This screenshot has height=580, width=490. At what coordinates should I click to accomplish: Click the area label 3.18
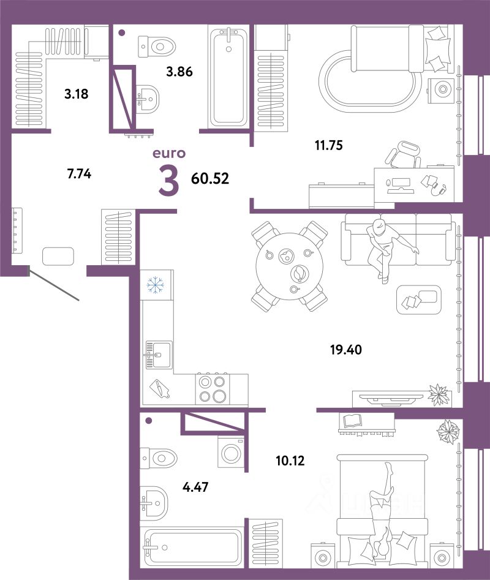[76, 94]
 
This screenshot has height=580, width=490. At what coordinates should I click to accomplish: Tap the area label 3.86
[179, 72]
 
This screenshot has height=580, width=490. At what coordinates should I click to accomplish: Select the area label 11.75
[329, 145]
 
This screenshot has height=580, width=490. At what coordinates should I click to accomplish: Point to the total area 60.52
[210, 178]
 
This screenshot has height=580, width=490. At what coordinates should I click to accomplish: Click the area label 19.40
[346, 350]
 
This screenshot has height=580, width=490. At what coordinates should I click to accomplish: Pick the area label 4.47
[195, 487]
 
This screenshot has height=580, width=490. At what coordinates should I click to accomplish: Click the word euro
[169, 153]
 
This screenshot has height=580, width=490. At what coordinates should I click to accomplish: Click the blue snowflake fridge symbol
[156, 285]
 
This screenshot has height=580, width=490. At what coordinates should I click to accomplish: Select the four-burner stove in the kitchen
[213, 389]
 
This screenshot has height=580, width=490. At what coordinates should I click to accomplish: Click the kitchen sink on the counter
[159, 355]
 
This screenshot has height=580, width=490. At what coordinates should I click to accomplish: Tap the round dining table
[290, 266]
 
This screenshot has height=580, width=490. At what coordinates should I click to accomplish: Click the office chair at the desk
[403, 154]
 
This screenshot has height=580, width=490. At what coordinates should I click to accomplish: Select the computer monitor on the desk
[399, 184]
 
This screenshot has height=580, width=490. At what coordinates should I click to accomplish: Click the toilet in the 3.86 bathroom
[157, 47]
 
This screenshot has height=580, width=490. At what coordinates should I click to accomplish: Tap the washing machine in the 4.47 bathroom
[231, 453]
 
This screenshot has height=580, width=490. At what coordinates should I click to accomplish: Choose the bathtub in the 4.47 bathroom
[192, 548]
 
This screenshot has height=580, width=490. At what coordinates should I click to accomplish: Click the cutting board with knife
[160, 388]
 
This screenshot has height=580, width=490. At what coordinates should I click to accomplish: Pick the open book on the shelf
[353, 421]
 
